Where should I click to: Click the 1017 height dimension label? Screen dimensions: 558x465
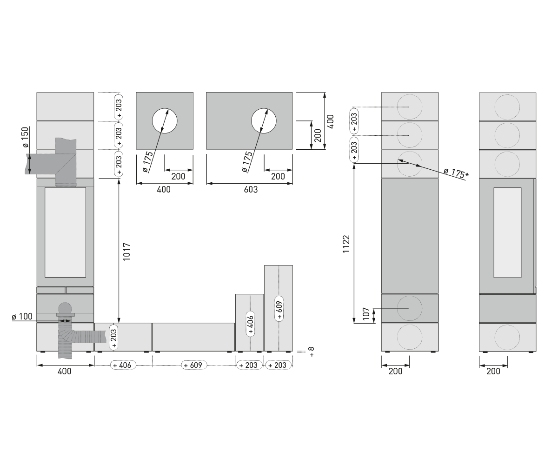126,252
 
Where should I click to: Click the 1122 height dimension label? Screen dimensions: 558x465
346,244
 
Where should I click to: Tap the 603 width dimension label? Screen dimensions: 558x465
251,189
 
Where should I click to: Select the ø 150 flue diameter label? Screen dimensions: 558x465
26,137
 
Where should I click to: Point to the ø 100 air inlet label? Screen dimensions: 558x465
22,316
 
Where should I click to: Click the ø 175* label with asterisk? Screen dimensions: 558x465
456,173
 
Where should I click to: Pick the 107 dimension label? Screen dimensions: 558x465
366,314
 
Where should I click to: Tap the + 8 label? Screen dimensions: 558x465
312,352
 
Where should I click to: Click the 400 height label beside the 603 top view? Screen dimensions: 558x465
331,121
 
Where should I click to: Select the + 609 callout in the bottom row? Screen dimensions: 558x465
194,365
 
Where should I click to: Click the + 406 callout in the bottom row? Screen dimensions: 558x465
123,365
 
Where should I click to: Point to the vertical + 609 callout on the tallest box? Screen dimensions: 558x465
279,309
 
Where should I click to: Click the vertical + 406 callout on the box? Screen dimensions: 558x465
250,324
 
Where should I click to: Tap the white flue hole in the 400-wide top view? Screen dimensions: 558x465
165,121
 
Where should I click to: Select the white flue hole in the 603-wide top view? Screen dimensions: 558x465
264,121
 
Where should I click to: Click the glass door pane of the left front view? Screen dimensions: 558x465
65,232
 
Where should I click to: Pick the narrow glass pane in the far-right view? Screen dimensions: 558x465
507,232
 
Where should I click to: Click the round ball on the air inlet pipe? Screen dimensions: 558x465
65,308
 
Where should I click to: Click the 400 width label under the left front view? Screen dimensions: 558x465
65,371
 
